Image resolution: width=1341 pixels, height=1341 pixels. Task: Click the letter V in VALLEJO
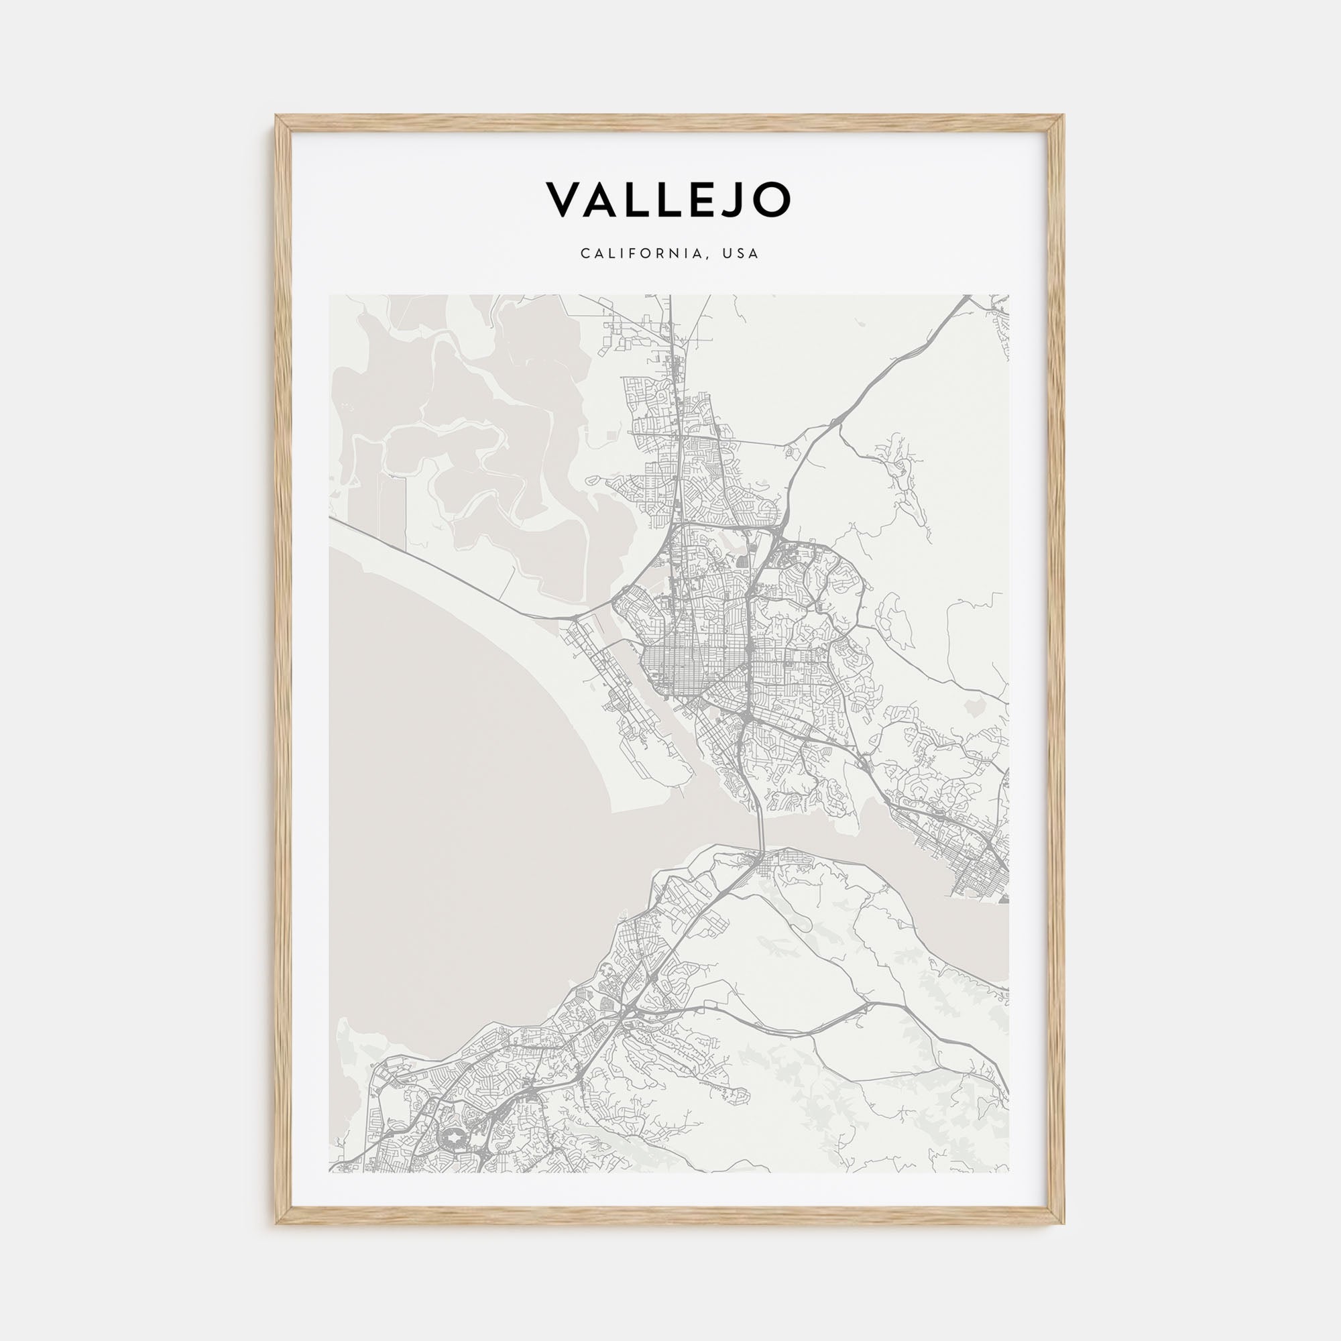coord(567,200)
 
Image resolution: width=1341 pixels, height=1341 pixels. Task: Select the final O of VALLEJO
coord(770,200)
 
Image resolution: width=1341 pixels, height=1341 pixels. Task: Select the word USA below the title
coord(741,253)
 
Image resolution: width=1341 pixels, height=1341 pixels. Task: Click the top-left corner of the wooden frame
coord(276,117)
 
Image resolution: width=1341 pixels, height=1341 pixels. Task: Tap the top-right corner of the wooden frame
coord(1063,117)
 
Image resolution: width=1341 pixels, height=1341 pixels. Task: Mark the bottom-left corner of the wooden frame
coord(276,1223)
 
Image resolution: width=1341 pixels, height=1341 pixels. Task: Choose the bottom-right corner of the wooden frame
coord(1063,1223)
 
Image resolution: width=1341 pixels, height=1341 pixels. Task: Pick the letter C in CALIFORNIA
coord(585,253)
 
